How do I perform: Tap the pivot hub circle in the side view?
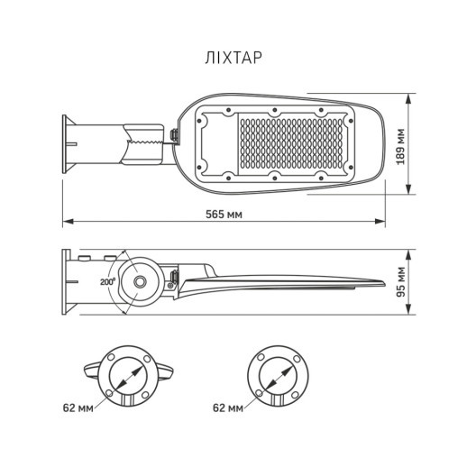point(141,283)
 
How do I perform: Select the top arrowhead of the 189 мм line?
point(410,97)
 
